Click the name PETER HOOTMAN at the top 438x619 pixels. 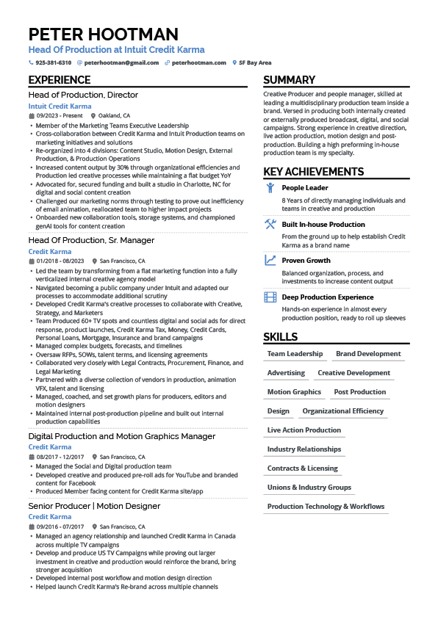click(104, 35)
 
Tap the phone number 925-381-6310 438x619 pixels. click(54, 63)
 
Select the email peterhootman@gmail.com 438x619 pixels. click(121, 63)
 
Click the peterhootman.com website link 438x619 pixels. click(198, 63)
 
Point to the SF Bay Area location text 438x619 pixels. click(255, 63)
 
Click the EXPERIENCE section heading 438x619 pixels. click(60, 80)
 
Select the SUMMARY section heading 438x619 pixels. click(289, 80)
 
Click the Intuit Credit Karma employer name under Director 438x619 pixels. click(60, 106)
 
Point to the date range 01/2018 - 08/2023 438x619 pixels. click(60, 261)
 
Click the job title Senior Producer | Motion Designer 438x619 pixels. click(94, 506)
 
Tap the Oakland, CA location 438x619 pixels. click(115, 116)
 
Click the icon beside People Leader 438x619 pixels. click(270, 188)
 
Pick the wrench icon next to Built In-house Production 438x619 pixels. click(270, 224)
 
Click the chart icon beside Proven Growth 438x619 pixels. click(270, 260)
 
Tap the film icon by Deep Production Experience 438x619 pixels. click(270, 297)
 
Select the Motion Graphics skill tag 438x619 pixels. click(294, 392)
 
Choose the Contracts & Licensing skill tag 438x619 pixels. click(302, 468)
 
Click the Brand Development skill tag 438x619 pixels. click(368, 354)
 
